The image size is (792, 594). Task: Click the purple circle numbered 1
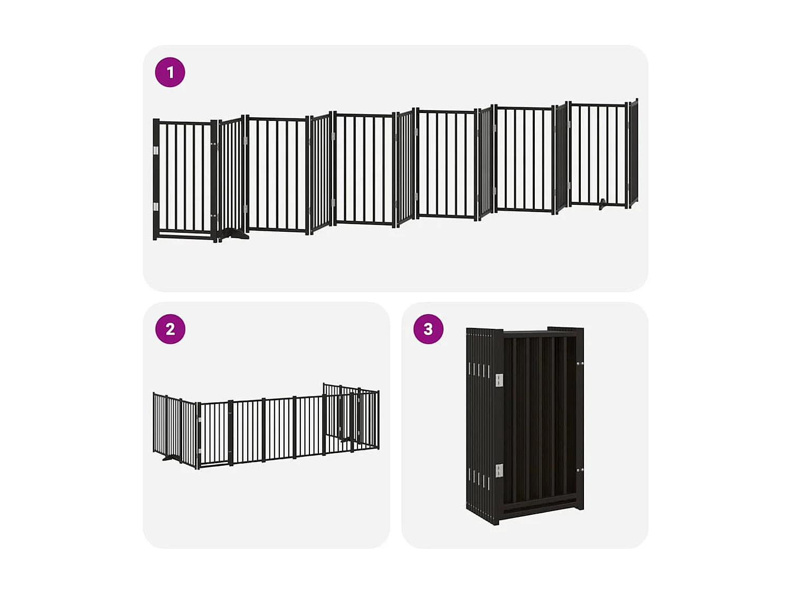click(x=170, y=72)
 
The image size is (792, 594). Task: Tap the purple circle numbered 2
click(x=170, y=329)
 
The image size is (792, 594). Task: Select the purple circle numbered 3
click(x=428, y=329)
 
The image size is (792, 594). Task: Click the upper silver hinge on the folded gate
click(x=499, y=380)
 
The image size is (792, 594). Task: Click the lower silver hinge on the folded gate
click(x=499, y=470)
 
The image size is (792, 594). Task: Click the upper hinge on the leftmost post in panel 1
click(x=156, y=150)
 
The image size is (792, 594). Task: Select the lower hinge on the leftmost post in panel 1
click(x=156, y=206)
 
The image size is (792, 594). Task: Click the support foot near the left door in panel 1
click(x=235, y=234)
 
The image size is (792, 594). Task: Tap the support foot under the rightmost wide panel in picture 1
click(x=602, y=205)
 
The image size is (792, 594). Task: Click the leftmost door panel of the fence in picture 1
click(x=185, y=180)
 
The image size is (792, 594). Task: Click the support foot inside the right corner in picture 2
click(x=345, y=438)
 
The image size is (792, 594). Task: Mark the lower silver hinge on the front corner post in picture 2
click(x=200, y=450)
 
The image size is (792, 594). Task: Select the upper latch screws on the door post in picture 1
click(x=214, y=144)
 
